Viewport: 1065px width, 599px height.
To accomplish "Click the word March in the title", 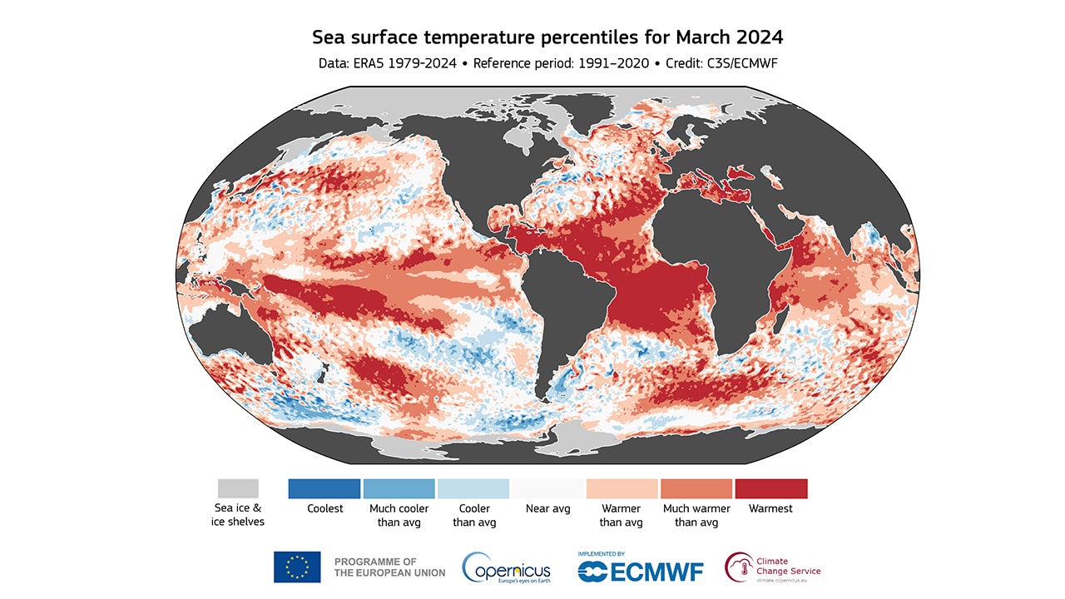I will (701, 37).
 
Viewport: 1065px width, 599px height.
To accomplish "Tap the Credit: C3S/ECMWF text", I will (721, 63).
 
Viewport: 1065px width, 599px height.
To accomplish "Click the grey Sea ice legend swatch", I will (238, 488).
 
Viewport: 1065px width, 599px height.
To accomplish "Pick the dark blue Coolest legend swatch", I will (324, 488).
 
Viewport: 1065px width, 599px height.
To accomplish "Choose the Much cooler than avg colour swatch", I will (399, 488).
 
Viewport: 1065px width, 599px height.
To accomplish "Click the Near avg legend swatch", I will (548, 488).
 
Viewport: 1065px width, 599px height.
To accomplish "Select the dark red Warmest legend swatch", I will (770, 488).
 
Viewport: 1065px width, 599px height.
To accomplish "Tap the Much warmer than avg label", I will (696, 515).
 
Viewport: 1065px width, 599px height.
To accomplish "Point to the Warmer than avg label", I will (622, 515).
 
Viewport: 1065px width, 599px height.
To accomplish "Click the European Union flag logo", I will (297, 567).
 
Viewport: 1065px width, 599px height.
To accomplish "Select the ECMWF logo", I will (641, 569).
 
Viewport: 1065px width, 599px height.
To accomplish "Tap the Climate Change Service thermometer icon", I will (738, 567).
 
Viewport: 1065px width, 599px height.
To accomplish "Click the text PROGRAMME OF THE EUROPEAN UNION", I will (389, 567).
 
